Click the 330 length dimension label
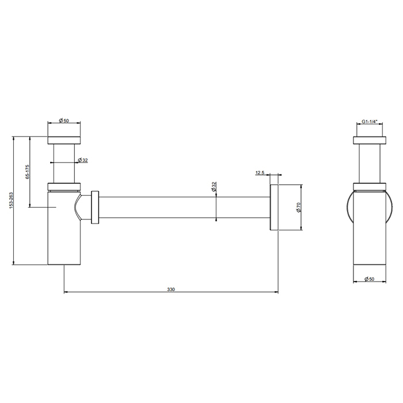tap(170, 289)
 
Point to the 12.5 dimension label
tap(258, 172)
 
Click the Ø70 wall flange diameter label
tap(299, 207)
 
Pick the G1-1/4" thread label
tap(369, 121)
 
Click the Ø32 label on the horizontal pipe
tap(213, 187)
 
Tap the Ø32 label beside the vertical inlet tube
tap(83, 160)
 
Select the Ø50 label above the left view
tap(63, 121)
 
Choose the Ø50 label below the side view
tap(370, 279)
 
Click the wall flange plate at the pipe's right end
tap(274, 207)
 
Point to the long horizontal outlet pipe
tap(184, 207)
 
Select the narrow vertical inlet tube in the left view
tap(63, 164)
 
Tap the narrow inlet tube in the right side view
tap(369, 164)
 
